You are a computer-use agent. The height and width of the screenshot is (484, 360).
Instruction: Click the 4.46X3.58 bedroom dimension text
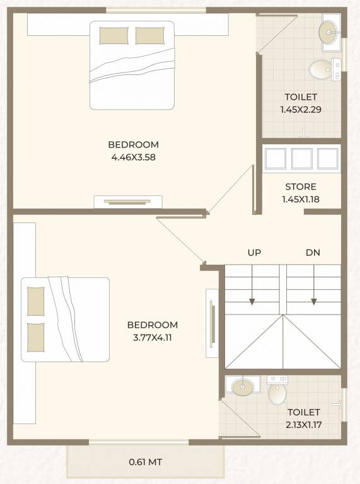pyautogui.click(x=133, y=158)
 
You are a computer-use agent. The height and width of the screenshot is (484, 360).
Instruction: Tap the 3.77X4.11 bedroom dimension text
pyautogui.click(x=152, y=338)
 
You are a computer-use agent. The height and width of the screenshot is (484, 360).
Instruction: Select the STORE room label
pyautogui.click(x=301, y=187)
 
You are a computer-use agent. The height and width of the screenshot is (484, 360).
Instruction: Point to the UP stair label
pyautogui.click(x=254, y=253)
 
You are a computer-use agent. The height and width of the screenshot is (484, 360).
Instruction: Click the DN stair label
pyautogui.click(x=313, y=253)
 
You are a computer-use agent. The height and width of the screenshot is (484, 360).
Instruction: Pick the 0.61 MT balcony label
pyautogui.click(x=146, y=462)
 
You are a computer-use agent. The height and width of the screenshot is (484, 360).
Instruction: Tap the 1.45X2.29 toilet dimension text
pyautogui.click(x=301, y=110)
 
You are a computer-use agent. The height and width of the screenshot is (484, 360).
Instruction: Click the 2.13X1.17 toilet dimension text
pyautogui.click(x=303, y=425)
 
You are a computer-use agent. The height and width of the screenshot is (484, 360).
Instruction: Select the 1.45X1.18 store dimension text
pyautogui.click(x=301, y=199)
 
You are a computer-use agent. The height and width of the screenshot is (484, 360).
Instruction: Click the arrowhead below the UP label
pyautogui.click(x=252, y=302)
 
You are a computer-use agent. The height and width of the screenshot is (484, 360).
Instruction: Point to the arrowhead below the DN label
pyautogui.click(x=314, y=302)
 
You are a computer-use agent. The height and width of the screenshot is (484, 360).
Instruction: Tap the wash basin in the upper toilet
pyautogui.click(x=328, y=32)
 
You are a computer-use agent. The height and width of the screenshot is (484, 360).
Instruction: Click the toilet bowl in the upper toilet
pyautogui.click(x=321, y=70)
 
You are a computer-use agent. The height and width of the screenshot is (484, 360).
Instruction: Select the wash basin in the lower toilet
pyautogui.click(x=243, y=387)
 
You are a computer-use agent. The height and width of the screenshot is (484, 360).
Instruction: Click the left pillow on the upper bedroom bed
pyautogui.click(x=113, y=36)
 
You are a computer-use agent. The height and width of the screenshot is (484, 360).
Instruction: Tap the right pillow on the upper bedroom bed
pyautogui.click(x=150, y=36)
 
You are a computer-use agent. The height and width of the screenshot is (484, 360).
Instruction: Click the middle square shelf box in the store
pyautogui.click(x=301, y=159)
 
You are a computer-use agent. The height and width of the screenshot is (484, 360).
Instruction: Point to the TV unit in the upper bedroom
pyautogui.click(x=128, y=202)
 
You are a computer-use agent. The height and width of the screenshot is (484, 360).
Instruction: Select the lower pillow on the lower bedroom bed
pyautogui.click(x=35, y=337)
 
